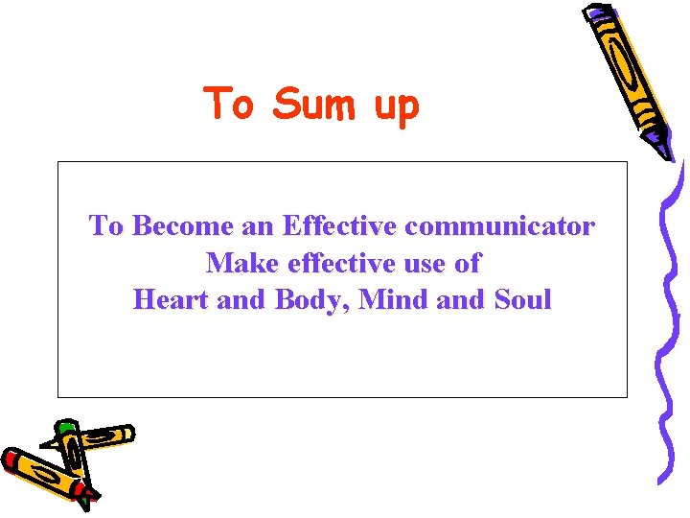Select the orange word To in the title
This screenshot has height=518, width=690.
(230, 104)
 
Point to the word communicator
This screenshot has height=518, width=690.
(499, 226)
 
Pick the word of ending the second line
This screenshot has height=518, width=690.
(468, 262)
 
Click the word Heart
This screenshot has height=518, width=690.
(172, 299)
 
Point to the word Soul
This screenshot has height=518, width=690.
(522, 299)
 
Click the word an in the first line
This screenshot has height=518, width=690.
(256, 228)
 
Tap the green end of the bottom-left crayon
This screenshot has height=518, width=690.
(65, 428)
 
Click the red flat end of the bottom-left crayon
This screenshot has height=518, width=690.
(11, 461)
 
